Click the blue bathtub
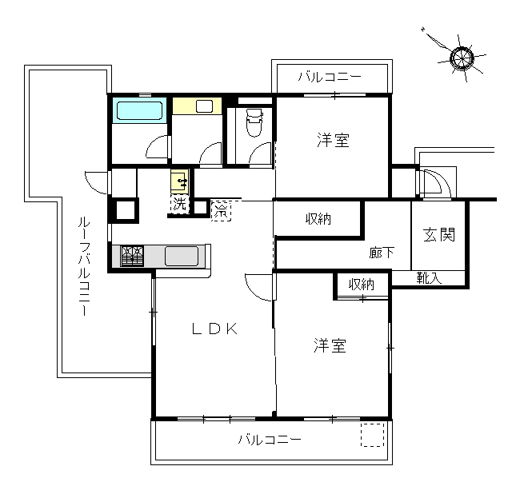point(139,110)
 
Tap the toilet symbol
point(254,122)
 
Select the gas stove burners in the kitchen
point(132,257)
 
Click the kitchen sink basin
point(182,257)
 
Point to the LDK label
point(215,329)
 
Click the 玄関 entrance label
point(439,234)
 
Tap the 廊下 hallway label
point(382,253)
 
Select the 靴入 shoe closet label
point(429,278)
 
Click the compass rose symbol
point(462,58)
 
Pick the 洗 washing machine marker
point(179,204)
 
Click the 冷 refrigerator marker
point(222,211)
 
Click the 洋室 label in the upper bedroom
point(333,140)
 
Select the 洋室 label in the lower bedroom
point(330,345)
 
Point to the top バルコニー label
point(330,77)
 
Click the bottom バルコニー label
point(270,440)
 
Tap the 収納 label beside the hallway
point(318,219)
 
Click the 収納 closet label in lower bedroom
point(362,285)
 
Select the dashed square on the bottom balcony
point(373,435)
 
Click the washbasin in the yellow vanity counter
point(204,106)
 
